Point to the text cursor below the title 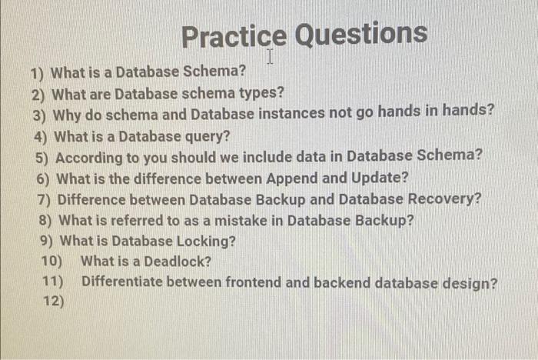pos(271,56)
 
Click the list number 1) pos(37,74)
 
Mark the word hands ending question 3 pos(468,113)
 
